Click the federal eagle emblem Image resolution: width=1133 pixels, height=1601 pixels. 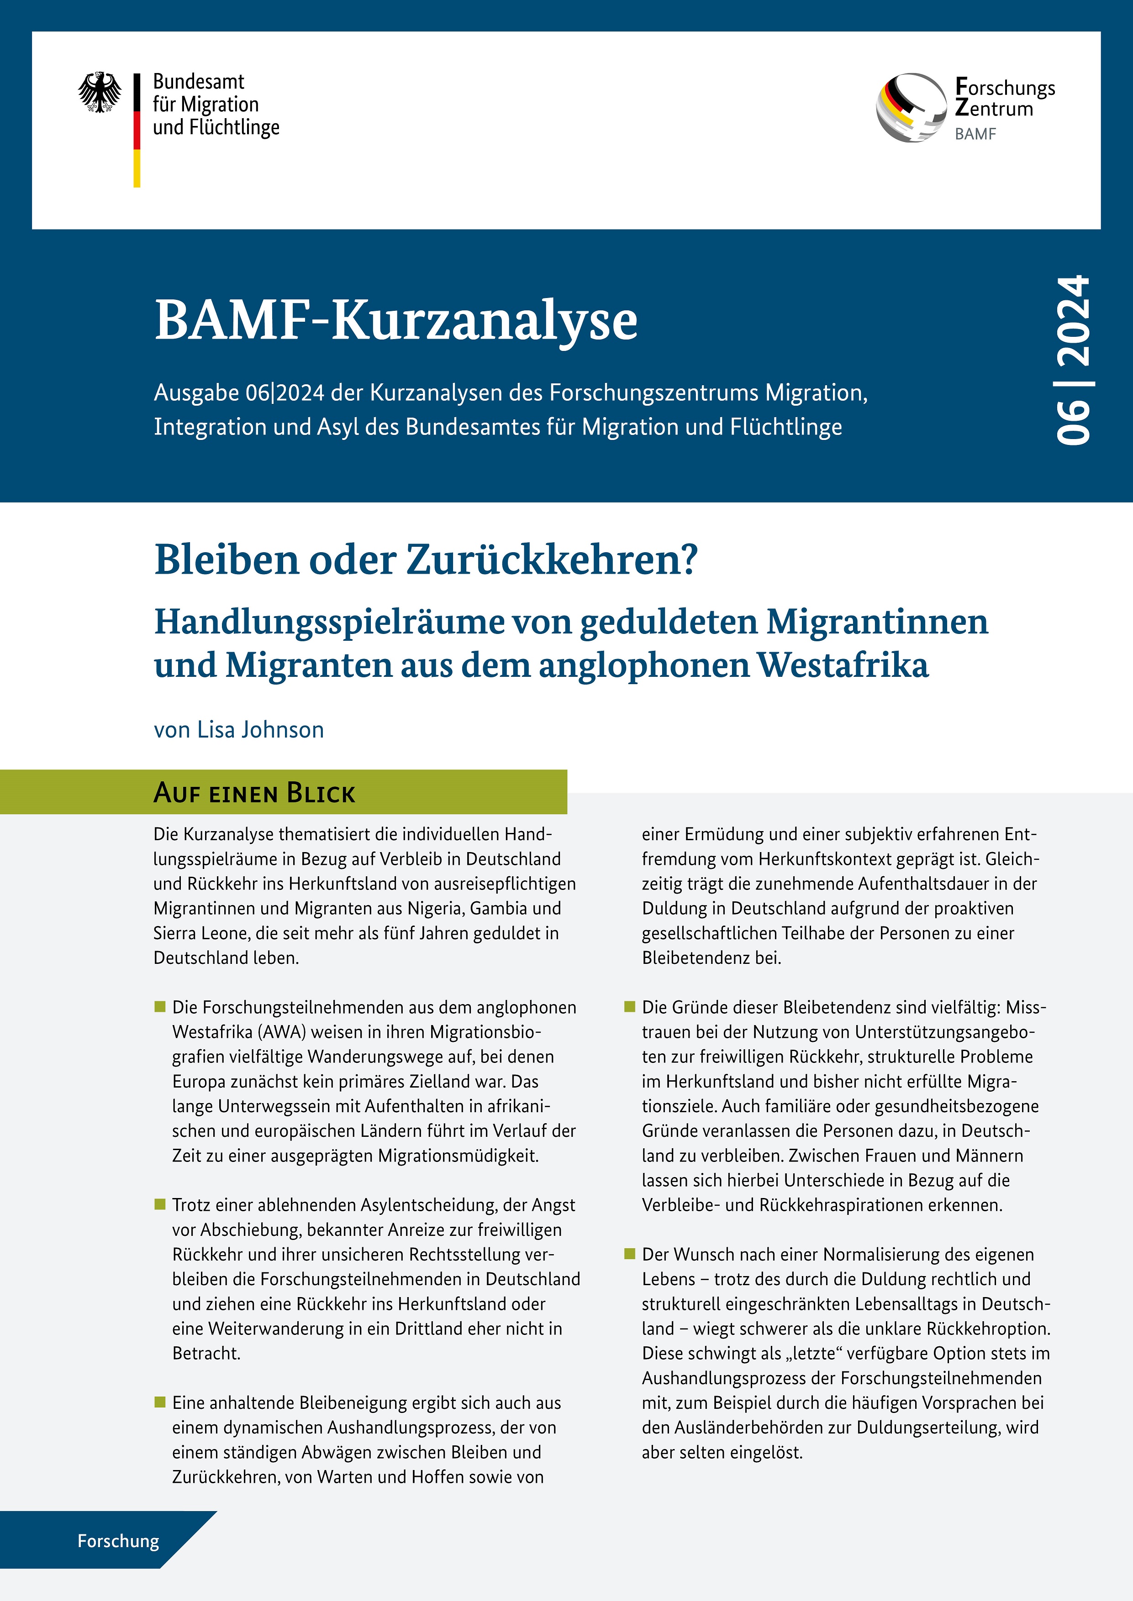(100, 92)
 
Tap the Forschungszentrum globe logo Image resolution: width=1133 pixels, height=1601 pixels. (911, 108)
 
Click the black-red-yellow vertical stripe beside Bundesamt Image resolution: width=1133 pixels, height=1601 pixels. (137, 131)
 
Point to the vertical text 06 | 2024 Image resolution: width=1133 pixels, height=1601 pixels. (1072, 360)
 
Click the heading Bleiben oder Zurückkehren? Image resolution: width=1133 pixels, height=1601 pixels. (426, 559)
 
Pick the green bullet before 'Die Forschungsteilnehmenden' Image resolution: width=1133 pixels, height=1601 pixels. (160, 1006)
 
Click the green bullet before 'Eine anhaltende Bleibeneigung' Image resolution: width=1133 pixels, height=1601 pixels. (160, 1402)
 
